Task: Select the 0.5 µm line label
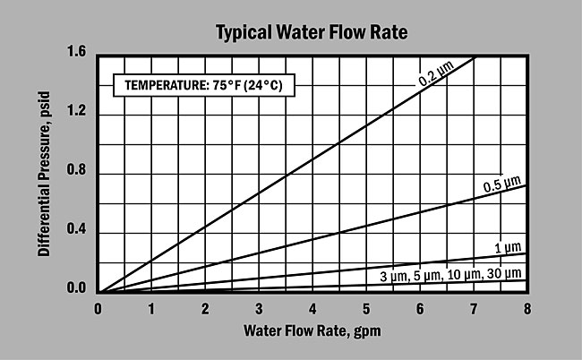pos(501,185)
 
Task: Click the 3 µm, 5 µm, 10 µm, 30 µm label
pos(449,274)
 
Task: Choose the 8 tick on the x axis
pos(527,309)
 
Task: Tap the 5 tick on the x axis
pos(366,309)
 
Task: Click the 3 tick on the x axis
pos(259,309)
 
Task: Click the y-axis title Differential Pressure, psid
pos(43,172)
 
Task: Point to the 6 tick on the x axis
pos(420,309)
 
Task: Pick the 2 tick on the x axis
pos(205,309)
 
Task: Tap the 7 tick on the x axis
pos(474,309)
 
